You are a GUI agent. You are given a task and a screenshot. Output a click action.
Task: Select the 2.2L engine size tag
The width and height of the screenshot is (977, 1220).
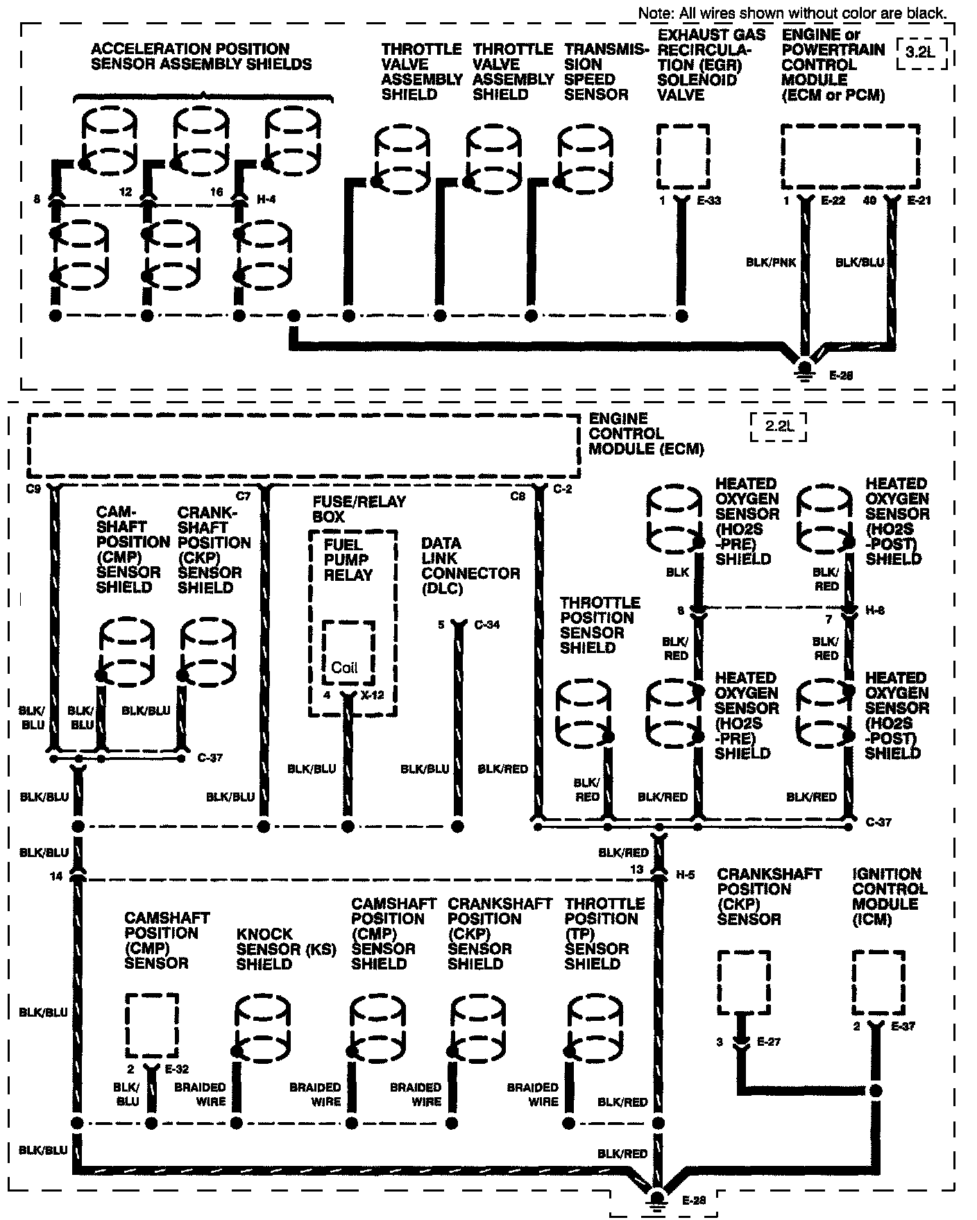779,426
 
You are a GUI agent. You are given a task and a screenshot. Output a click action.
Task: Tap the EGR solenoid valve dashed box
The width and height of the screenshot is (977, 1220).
683,156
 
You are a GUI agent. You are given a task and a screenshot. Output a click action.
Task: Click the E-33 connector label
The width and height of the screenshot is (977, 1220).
708,201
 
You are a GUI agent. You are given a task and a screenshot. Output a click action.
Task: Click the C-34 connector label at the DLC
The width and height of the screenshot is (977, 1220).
487,625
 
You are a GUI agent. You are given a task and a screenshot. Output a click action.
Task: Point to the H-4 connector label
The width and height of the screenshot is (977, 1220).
266,200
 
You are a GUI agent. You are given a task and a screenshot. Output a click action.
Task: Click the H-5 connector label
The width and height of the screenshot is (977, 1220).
686,876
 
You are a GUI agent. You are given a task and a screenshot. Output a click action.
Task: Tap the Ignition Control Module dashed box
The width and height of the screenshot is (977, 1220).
878,981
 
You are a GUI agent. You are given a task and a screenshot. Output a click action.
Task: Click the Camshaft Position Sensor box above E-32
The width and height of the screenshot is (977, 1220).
152,1024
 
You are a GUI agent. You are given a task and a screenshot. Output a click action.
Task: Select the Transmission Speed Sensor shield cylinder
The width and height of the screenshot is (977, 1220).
586,160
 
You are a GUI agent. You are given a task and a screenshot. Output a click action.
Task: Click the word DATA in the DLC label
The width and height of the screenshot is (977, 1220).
441,543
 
